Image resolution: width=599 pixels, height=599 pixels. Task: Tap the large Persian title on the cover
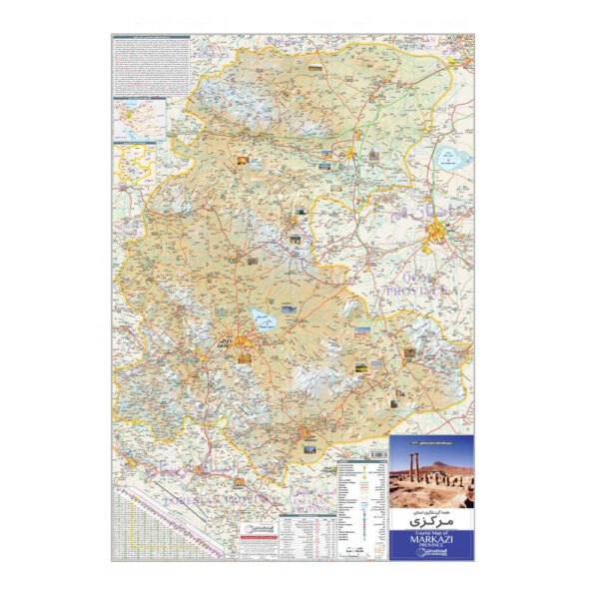click(x=430, y=520)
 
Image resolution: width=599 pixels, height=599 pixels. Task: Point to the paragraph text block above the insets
click(x=151, y=65)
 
